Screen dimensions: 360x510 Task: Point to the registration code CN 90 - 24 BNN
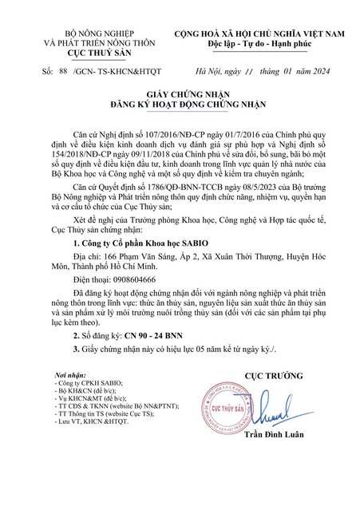pyautogui.click(x=151, y=362)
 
